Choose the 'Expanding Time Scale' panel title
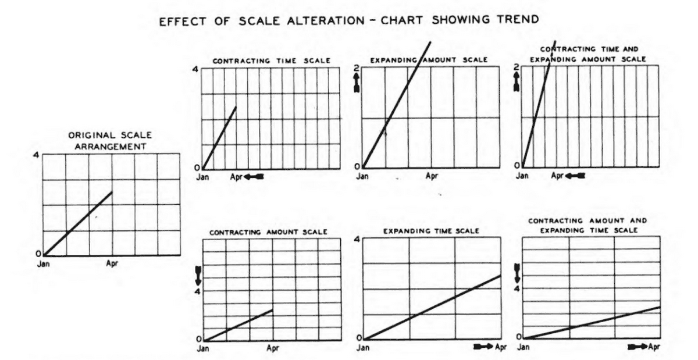(431, 231)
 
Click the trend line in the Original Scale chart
(79, 223)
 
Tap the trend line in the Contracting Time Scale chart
(219, 137)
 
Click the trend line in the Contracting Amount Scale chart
(238, 325)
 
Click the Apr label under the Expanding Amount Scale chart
(431, 176)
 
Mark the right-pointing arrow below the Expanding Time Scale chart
(483, 347)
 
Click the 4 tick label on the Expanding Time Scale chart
(358, 238)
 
